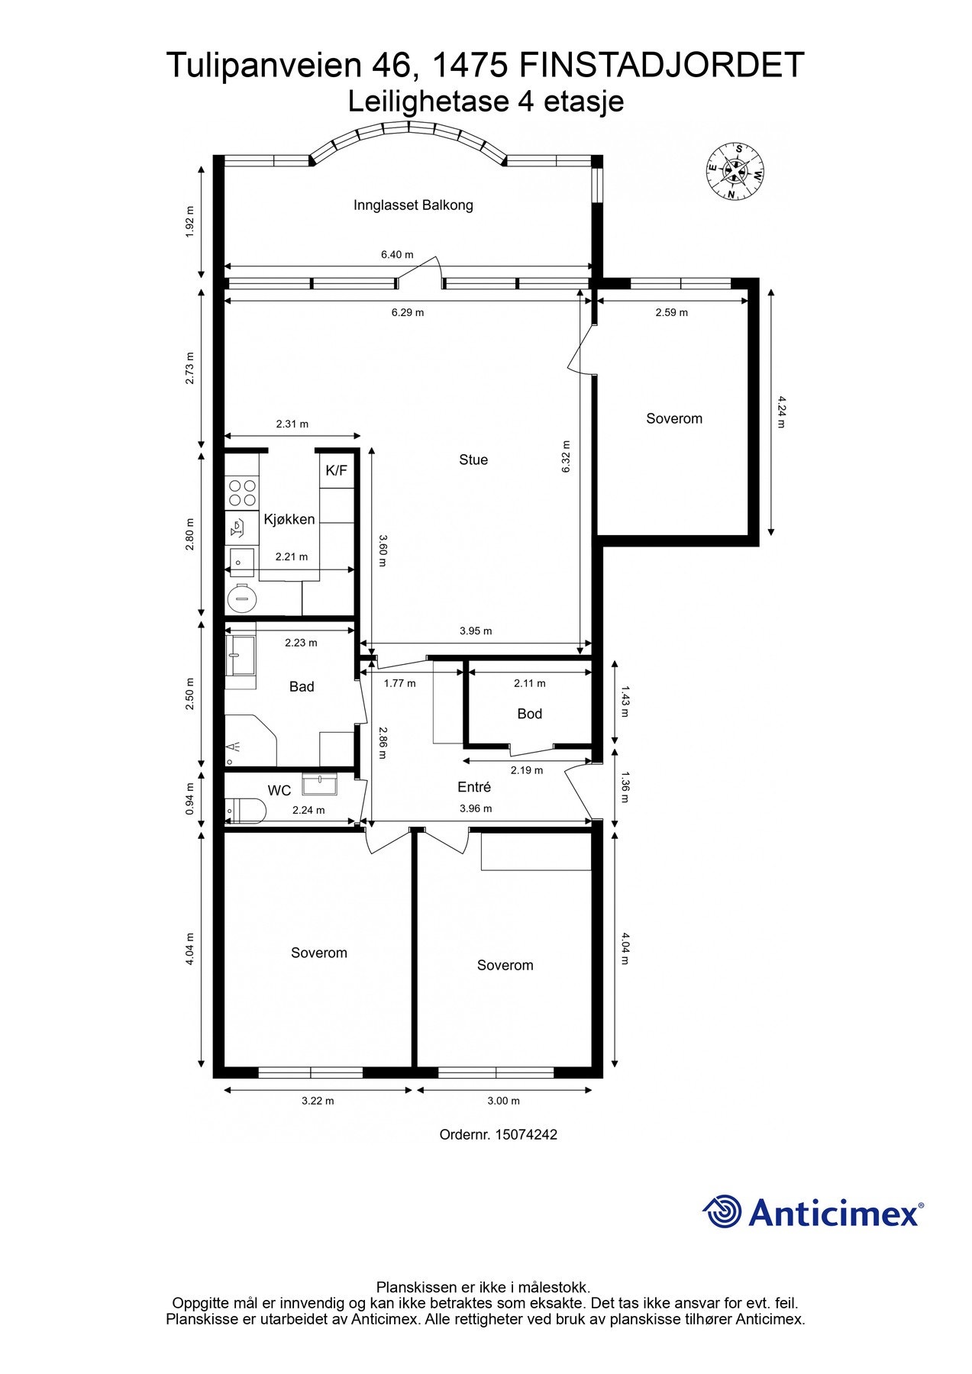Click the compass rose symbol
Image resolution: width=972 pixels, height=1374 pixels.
coord(735,172)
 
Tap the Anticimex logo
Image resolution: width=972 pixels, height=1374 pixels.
coord(812,1212)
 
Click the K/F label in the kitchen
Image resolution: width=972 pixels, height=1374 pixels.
coord(336,470)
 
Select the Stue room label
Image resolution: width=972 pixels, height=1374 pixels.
coord(473,460)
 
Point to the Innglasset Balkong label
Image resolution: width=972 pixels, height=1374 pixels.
coord(413,205)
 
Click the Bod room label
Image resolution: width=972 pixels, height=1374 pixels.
coord(529,714)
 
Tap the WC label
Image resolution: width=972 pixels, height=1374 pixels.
coord(279,791)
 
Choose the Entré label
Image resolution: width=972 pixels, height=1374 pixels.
coord(473,787)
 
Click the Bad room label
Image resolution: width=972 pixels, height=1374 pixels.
coord(302,687)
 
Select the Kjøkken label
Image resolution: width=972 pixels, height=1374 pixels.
coord(289,520)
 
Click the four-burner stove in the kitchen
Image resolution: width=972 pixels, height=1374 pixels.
coord(242,492)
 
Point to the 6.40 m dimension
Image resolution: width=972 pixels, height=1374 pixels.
coord(397,255)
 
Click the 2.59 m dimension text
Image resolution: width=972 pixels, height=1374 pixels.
coord(671,313)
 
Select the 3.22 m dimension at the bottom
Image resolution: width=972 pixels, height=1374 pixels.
coord(318,1101)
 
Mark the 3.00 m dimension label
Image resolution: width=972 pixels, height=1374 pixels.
coord(503,1101)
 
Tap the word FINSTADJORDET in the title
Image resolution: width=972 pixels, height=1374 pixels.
coord(661,66)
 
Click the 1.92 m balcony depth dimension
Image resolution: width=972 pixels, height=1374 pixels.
coord(190,221)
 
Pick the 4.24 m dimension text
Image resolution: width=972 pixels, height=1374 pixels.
coord(780,411)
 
